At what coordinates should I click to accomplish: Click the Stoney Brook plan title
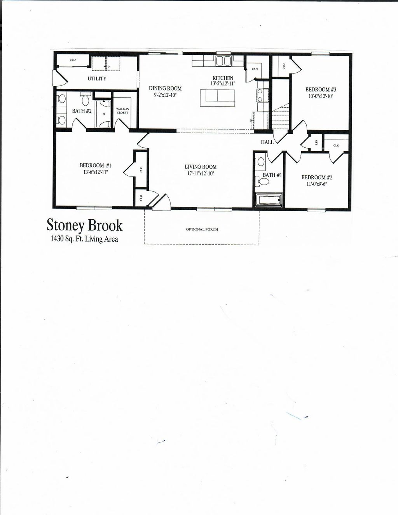84,226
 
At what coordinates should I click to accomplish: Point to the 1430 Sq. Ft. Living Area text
84,239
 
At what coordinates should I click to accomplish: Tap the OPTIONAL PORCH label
202,229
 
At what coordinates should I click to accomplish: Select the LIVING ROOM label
201,167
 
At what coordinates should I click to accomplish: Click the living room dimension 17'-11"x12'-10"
201,173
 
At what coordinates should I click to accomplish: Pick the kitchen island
217,98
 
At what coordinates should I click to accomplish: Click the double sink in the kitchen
224,61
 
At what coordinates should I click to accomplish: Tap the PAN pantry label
255,69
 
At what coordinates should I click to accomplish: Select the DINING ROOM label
165,88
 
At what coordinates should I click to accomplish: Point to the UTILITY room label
97,79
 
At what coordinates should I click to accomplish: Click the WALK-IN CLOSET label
122,111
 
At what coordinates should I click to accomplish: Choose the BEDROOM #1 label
96,165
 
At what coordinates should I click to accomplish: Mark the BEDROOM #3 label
321,89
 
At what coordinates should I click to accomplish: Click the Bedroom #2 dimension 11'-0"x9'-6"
317,184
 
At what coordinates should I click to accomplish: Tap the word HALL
267,142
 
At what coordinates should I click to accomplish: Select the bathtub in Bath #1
269,200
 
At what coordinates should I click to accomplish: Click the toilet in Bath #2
86,100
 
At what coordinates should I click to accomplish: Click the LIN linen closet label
316,142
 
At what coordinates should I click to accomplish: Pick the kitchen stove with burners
260,96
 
